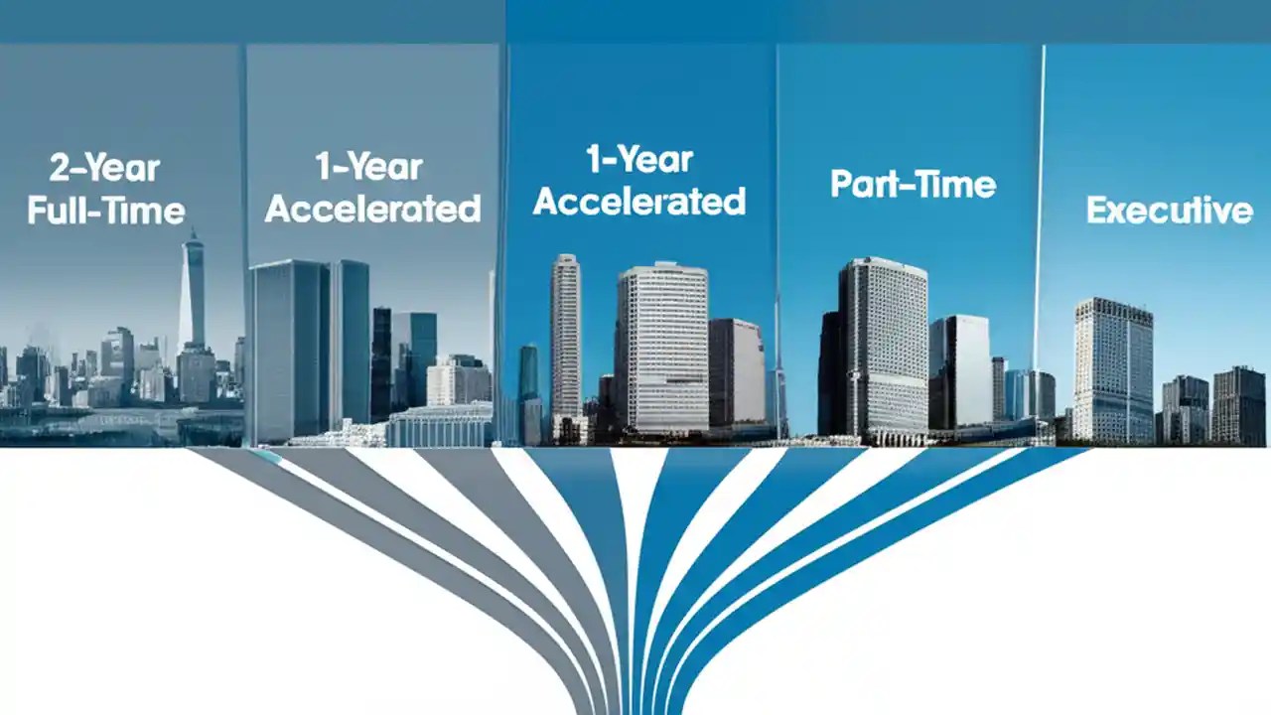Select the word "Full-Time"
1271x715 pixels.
pyautogui.click(x=106, y=211)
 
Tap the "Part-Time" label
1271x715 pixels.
pyautogui.click(x=913, y=185)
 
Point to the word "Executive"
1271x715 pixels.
pyautogui.click(x=1169, y=211)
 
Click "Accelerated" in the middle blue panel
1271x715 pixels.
pyautogui.click(x=639, y=202)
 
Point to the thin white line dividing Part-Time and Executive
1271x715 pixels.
pyautogui.click(x=1041, y=199)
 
